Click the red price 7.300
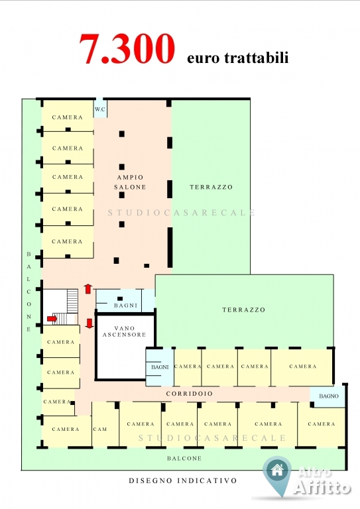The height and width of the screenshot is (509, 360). [x=127, y=48]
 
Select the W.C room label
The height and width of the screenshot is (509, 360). [x=100, y=109]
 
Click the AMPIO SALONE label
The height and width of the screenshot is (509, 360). [x=130, y=182]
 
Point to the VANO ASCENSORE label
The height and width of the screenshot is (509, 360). [x=125, y=331]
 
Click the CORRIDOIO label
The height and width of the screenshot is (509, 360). [x=190, y=394]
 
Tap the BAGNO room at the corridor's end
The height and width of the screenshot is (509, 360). [x=329, y=396]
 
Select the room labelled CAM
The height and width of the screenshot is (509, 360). [x=100, y=429]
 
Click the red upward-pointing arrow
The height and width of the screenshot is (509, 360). [x=88, y=288]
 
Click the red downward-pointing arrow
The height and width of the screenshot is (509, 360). [x=90, y=323]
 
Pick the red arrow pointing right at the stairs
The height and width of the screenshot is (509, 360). [x=52, y=319]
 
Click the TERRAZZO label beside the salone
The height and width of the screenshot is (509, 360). [x=211, y=187]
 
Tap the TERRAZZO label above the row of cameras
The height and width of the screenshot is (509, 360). [x=244, y=310]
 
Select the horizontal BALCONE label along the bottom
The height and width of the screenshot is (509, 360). [x=184, y=459]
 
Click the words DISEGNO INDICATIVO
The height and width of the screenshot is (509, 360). [x=183, y=481]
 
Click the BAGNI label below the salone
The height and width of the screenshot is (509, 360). [x=125, y=306]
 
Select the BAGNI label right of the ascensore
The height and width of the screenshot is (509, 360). [x=160, y=367]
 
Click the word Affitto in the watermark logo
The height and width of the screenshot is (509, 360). [x=322, y=487]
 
